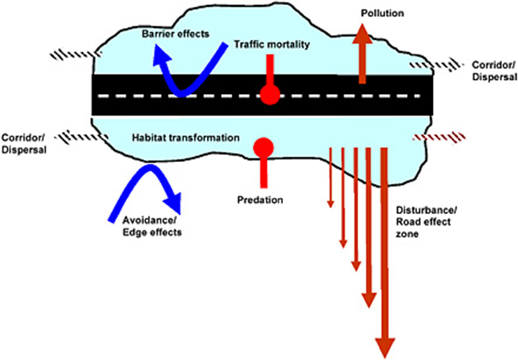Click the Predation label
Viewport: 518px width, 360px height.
[x=259, y=200]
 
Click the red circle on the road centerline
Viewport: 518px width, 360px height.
[x=269, y=95]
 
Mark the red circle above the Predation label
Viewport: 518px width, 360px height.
[x=263, y=147]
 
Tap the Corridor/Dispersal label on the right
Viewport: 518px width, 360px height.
[x=493, y=70]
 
